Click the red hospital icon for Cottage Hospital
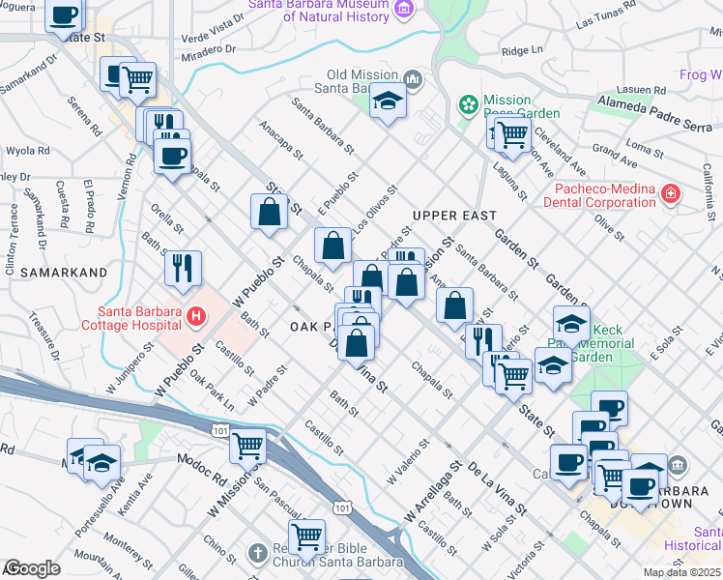tap(195, 315)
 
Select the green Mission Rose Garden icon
tap(469, 103)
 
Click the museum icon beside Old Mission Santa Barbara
tap(413, 77)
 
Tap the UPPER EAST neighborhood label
tap(453, 215)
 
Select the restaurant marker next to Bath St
tap(183, 268)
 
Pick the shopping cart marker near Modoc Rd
tap(247, 445)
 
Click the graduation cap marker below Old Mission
tap(388, 101)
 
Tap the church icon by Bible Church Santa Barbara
tap(256, 554)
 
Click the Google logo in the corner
tap(31, 568)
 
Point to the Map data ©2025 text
tap(680, 572)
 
